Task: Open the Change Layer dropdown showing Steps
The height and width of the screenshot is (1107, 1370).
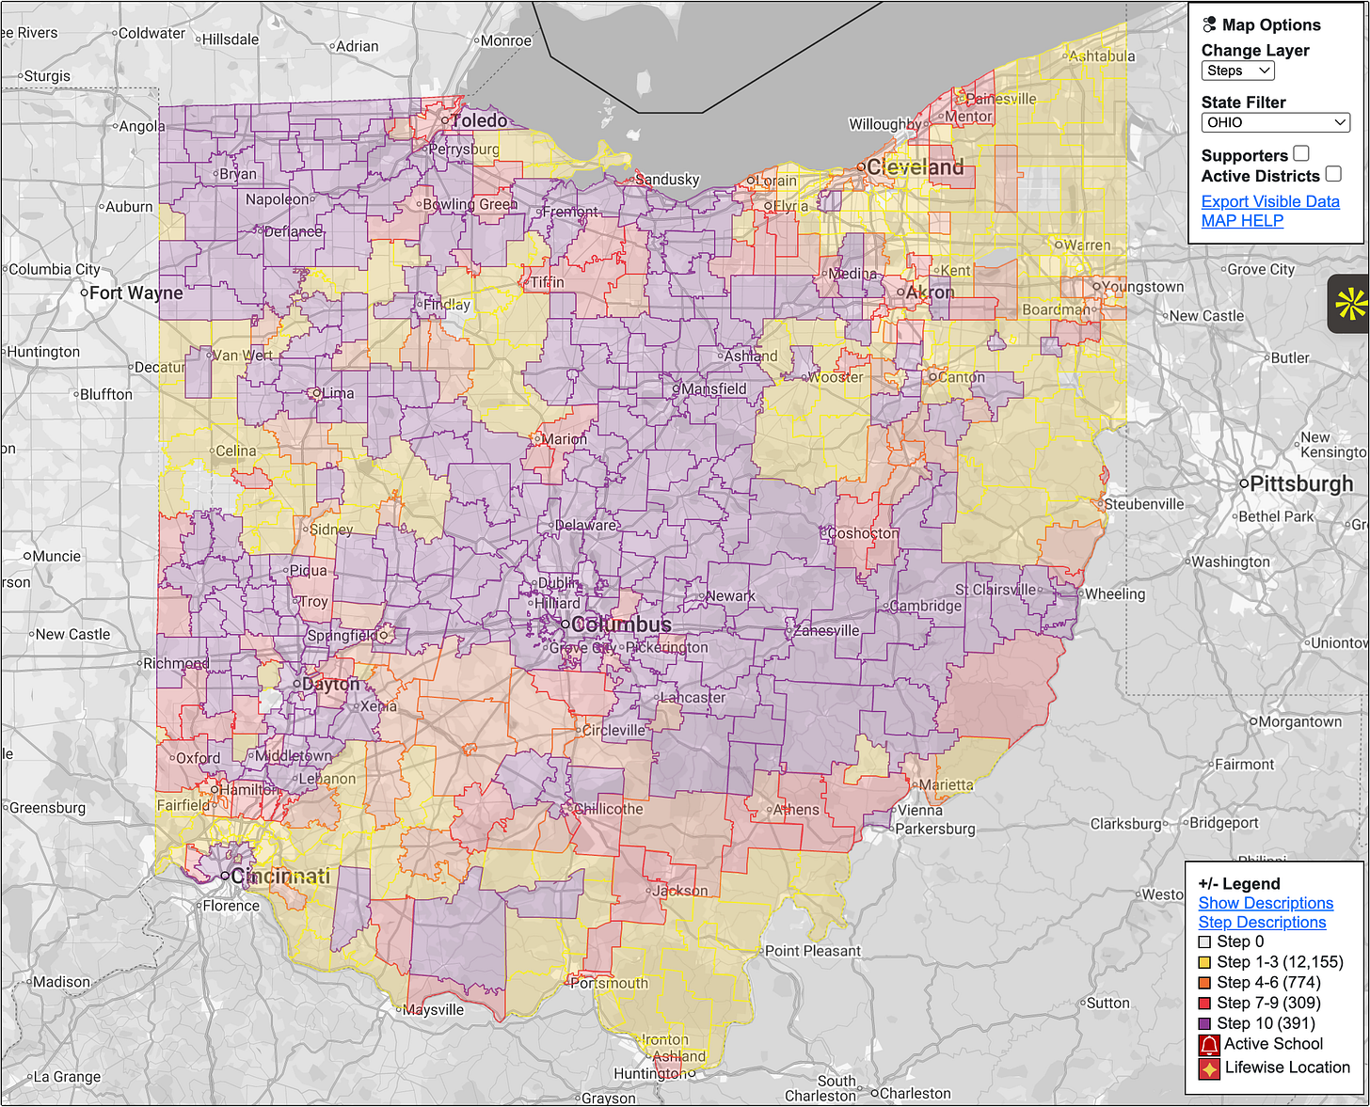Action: [x=1237, y=71]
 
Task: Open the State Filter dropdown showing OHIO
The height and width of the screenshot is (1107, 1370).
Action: [x=1275, y=122]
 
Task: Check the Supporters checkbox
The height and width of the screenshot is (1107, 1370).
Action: [x=1301, y=154]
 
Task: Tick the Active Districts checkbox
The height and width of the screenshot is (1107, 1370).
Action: [x=1333, y=174]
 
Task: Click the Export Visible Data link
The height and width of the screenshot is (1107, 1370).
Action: [x=1270, y=201]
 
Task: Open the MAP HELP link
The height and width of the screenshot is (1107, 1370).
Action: [x=1242, y=221]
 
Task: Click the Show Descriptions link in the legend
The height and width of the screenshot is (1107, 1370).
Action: [x=1266, y=903]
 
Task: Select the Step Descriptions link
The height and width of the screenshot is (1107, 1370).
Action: [x=1262, y=923]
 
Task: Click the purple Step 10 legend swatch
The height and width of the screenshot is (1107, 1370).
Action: [x=1204, y=1023]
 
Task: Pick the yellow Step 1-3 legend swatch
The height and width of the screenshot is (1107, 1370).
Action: [x=1204, y=962]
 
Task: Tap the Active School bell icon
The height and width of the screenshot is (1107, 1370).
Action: [x=1209, y=1045]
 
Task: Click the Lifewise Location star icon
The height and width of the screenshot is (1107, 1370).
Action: [x=1209, y=1068]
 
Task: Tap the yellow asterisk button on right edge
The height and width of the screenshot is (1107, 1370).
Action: [x=1349, y=304]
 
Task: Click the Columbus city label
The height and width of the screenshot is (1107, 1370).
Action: [x=621, y=625]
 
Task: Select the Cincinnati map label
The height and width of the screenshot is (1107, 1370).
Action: [x=280, y=877]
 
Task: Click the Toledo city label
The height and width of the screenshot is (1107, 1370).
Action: [x=480, y=120]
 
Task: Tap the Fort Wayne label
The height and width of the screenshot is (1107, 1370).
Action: [x=136, y=293]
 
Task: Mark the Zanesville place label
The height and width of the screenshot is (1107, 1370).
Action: [x=827, y=630]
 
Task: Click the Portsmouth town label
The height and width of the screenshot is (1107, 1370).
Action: [x=610, y=984]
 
